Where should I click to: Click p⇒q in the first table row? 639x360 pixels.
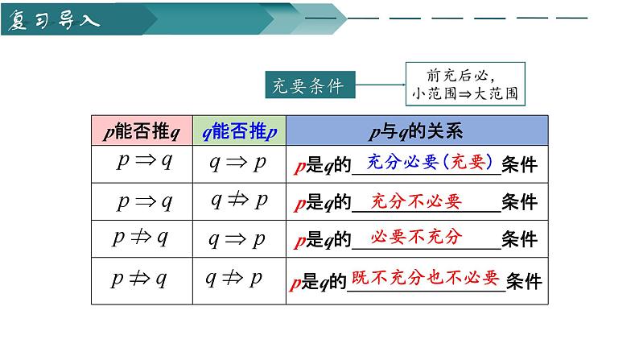tap(143, 161)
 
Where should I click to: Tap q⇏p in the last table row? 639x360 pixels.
tap(234, 279)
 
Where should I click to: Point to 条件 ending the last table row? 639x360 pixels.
tap(523, 282)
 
